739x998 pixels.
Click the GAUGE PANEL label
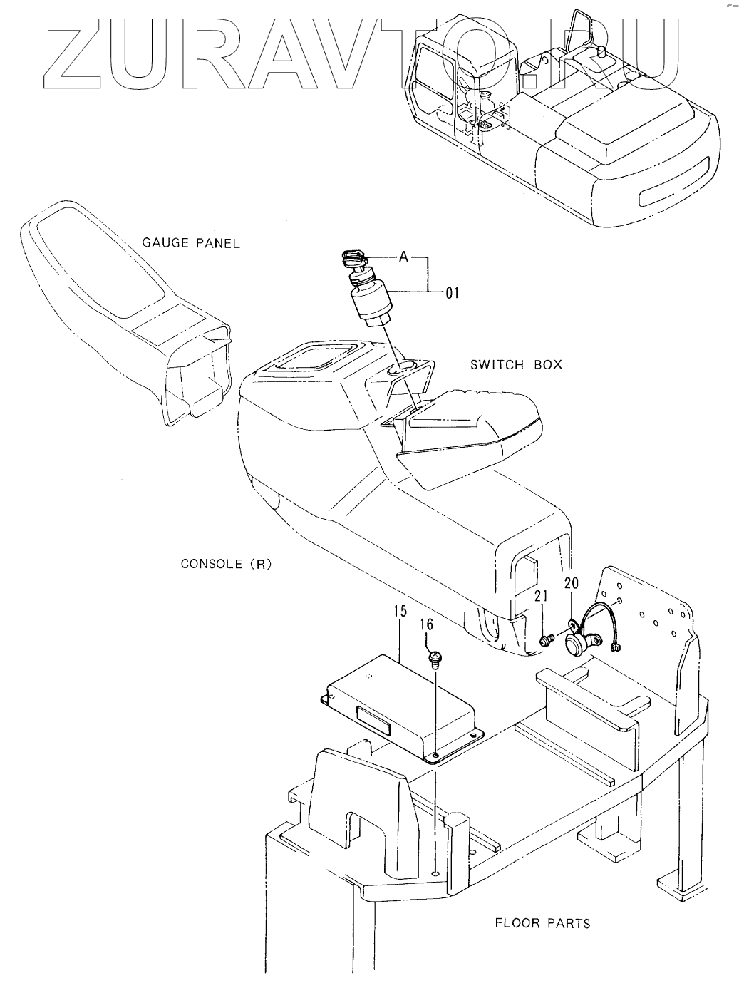(192, 243)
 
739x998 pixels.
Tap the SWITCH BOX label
(516, 364)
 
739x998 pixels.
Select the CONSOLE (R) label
(225, 564)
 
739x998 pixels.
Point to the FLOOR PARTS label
(542, 923)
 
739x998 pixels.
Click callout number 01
(452, 292)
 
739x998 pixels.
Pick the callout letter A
(403, 257)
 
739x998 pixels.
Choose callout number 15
(399, 611)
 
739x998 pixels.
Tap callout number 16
(426, 625)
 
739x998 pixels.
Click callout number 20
(572, 583)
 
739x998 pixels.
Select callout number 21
(542, 597)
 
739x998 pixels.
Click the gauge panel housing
(121, 307)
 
